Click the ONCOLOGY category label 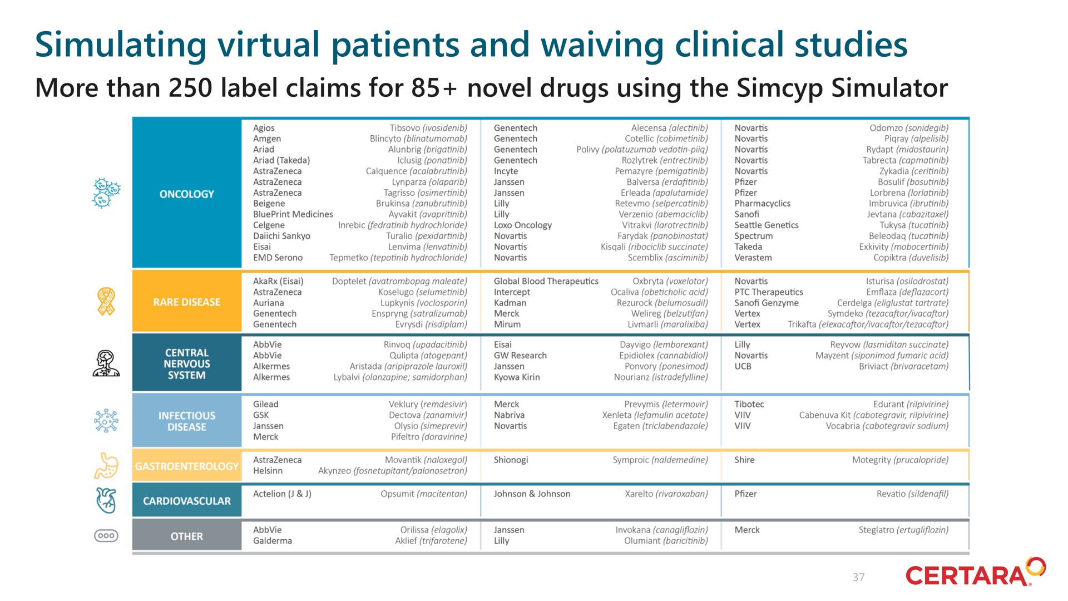186,194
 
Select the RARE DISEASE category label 186,302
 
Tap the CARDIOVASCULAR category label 186,501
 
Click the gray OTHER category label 186,536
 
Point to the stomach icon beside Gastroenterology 106,465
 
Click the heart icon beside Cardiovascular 106,500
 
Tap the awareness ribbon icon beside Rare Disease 106,302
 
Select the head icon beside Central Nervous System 106,363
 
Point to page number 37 858,578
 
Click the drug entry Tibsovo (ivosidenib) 428,128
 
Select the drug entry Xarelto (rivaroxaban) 666,494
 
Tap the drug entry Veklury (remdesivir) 428,405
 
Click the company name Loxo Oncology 523,225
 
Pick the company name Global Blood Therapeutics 546,282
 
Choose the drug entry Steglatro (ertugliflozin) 903,530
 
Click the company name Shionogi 511,460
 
